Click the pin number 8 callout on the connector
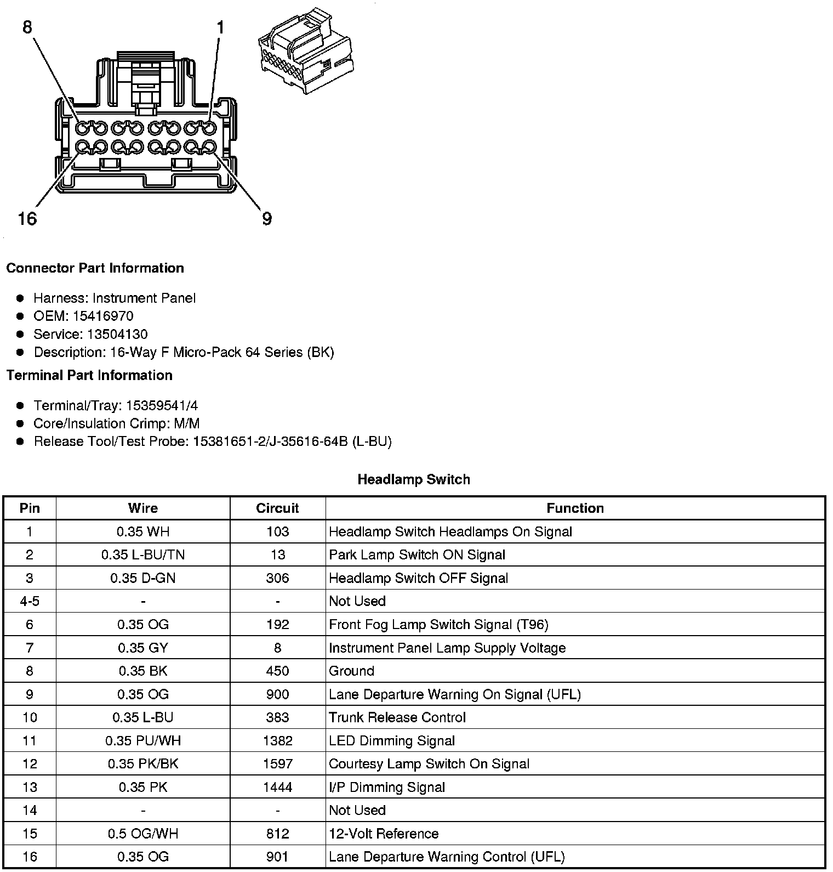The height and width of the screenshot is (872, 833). click(27, 27)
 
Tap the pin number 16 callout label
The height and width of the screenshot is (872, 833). click(27, 219)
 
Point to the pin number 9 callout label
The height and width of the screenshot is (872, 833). click(267, 219)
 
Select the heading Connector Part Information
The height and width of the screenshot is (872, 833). click(95, 268)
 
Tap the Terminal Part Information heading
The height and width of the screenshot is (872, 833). click(89, 375)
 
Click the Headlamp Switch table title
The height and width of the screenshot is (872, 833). click(414, 479)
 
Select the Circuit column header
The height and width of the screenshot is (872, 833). click(277, 508)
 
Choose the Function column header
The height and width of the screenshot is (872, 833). click(575, 508)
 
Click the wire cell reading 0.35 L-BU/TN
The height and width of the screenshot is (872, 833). click(143, 554)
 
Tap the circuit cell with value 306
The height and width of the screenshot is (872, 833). click(277, 578)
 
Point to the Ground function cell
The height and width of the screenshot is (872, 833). click(351, 671)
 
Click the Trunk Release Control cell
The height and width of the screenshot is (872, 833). click(397, 717)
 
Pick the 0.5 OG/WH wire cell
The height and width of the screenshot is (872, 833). click(143, 834)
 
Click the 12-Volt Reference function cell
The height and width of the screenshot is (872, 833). click(384, 834)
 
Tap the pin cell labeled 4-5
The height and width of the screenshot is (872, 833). click(30, 601)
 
